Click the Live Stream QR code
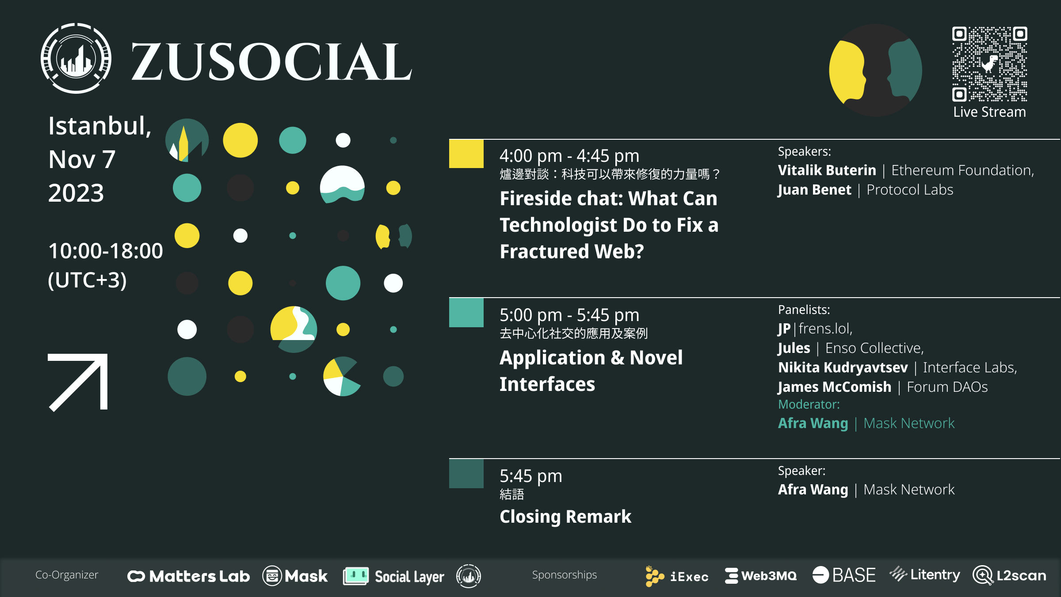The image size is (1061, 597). (989, 64)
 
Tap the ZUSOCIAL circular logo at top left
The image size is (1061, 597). (76, 58)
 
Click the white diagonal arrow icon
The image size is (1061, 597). (78, 383)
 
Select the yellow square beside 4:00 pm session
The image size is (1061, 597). (466, 154)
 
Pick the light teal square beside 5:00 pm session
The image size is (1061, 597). (466, 313)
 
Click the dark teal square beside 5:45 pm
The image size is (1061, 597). (466, 474)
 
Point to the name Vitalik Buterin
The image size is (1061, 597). (827, 170)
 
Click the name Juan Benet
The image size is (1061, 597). (814, 190)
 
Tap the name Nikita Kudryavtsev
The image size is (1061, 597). (843, 367)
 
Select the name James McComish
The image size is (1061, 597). (835, 387)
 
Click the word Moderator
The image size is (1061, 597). (809, 404)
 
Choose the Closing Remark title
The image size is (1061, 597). (565, 517)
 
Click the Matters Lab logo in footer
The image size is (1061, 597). (189, 576)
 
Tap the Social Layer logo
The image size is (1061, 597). (393, 576)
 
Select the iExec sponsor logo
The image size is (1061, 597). (677, 576)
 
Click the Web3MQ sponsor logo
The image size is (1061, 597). (761, 576)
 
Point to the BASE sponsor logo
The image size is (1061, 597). (844, 575)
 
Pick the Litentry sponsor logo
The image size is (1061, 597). (925, 574)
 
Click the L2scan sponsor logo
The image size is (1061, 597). (1010, 575)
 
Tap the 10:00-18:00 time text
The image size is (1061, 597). (106, 251)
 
